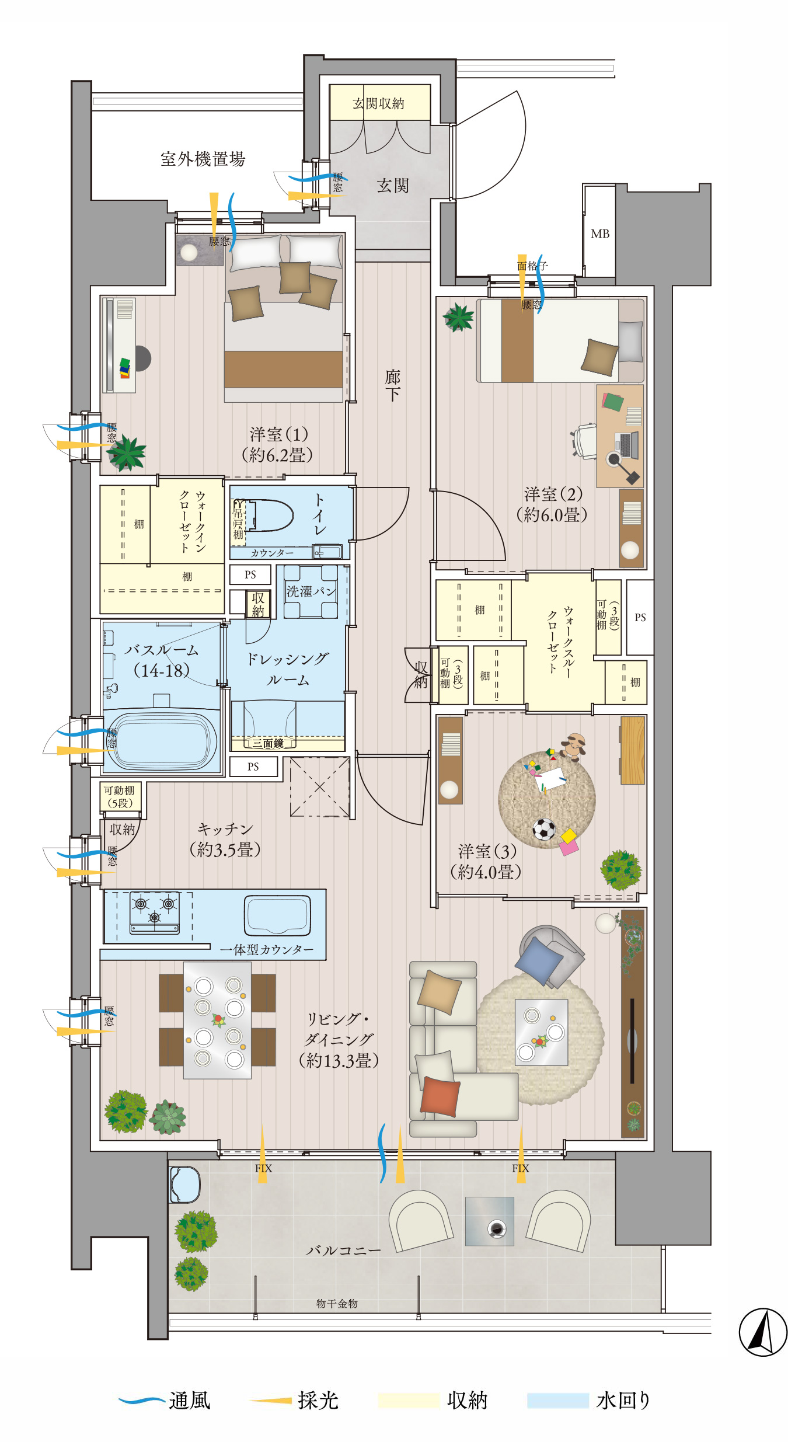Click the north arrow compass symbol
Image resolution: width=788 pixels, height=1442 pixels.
click(763, 1332)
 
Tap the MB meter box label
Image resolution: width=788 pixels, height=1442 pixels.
click(600, 234)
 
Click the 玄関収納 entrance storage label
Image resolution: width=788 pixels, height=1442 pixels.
click(378, 103)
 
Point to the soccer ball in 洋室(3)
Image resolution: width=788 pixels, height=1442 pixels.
click(544, 829)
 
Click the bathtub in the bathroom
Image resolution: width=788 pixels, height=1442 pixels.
click(162, 740)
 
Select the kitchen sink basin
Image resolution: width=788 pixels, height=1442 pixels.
click(277, 915)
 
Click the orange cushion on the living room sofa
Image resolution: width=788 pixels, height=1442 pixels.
click(440, 1096)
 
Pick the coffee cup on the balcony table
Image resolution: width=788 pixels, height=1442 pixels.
click(497, 1228)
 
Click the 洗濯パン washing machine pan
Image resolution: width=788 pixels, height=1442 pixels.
click(311, 591)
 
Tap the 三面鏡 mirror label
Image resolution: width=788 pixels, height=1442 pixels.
click(268, 743)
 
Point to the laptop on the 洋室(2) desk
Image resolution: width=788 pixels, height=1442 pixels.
click(626, 445)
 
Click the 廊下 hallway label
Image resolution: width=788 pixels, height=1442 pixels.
click(392, 385)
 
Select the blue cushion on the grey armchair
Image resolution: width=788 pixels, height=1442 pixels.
click(539, 961)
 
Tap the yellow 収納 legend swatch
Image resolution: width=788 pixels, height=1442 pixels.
click(409, 1401)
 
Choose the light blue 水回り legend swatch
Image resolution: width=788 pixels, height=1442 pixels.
click(558, 1401)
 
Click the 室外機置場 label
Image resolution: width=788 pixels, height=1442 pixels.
click(203, 159)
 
